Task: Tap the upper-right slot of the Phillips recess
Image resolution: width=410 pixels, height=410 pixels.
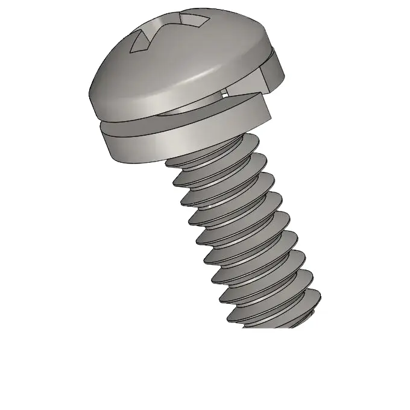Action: (x=198, y=22)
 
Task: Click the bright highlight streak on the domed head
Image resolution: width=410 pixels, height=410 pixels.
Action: (x=199, y=77)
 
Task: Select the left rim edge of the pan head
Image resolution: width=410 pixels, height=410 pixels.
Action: (x=92, y=96)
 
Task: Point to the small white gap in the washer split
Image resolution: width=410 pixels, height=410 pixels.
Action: (x=225, y=92)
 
